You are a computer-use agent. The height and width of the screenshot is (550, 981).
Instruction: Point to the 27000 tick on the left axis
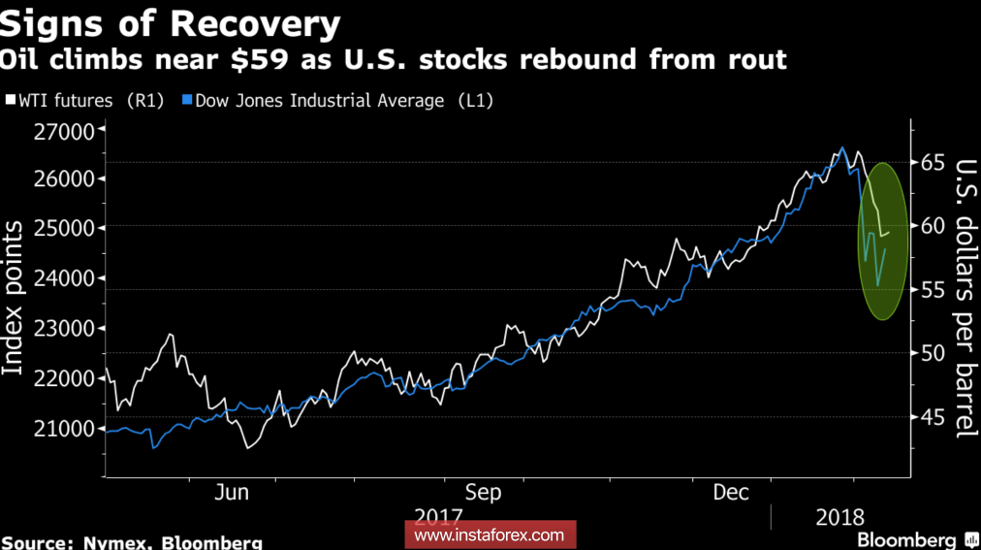[x=63, y=131]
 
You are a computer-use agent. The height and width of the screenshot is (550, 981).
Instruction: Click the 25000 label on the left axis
[x=63, y=229]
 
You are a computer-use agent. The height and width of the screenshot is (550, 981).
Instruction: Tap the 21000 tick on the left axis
[x=63, y=428]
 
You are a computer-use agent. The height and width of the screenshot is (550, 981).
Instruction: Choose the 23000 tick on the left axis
[x=63, y=329]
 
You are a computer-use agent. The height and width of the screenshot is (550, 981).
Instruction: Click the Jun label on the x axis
[x=232, y=493]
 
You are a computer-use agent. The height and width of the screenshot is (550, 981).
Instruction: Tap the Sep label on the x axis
[x=483, y=493]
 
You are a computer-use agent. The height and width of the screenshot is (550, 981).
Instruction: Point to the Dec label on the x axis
[x=731, y=493]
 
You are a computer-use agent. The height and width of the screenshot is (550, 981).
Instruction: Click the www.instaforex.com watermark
[x=489, y=534]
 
